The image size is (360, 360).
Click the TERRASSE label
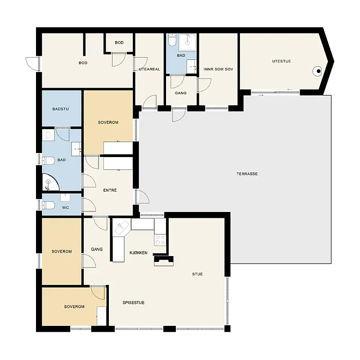[247, 174]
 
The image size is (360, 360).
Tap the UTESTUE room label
[282, 61]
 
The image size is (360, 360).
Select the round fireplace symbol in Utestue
[318, 71]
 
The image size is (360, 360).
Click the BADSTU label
[61, 109]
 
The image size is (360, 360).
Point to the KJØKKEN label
[139, 253]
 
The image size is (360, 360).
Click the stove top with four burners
[160, 240]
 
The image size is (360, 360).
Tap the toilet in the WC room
[48, 205]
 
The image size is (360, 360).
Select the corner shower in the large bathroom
[50, 182]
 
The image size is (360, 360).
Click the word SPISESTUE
[134, 302]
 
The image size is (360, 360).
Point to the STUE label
[198, 274]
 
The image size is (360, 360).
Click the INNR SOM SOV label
[218, 69]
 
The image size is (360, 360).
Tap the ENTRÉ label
[110, 190]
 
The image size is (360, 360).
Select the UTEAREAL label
[149, 69]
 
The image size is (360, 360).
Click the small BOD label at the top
[119, 42]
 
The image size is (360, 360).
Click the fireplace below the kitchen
[163, 261]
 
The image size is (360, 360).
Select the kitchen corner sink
[121, 227]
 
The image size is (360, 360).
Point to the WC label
[65, 207]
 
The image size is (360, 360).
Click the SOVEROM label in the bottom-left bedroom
[74, 306]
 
